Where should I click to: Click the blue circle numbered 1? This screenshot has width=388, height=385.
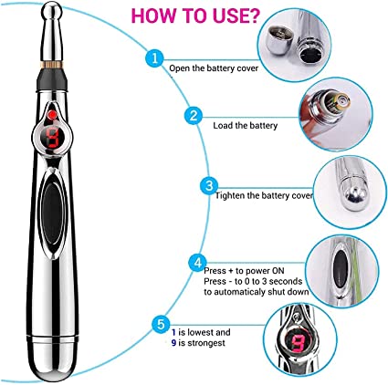[154, 57]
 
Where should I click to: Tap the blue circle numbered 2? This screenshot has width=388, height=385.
[194, 116]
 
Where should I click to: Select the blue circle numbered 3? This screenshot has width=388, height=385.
[209, 185]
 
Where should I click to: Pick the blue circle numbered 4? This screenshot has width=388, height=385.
[198, 263]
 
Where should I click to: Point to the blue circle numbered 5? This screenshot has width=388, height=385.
[162, 324]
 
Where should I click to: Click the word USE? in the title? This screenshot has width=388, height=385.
[232, 16]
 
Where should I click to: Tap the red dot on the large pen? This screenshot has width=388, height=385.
[52, 115]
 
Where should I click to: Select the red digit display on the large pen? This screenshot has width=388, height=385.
[52, 137]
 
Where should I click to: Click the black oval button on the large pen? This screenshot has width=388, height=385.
[52, 213]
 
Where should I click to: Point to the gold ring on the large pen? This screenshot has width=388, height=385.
[51, 65]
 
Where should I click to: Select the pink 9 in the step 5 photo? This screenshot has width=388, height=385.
[297, 343]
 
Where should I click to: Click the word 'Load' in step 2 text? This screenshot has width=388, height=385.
[220, 125]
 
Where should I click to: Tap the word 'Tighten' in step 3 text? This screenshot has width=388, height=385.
[230, 195]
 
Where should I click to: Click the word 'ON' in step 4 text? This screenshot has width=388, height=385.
[278, 271]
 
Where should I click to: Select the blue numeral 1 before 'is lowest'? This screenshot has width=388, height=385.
[173, 332]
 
